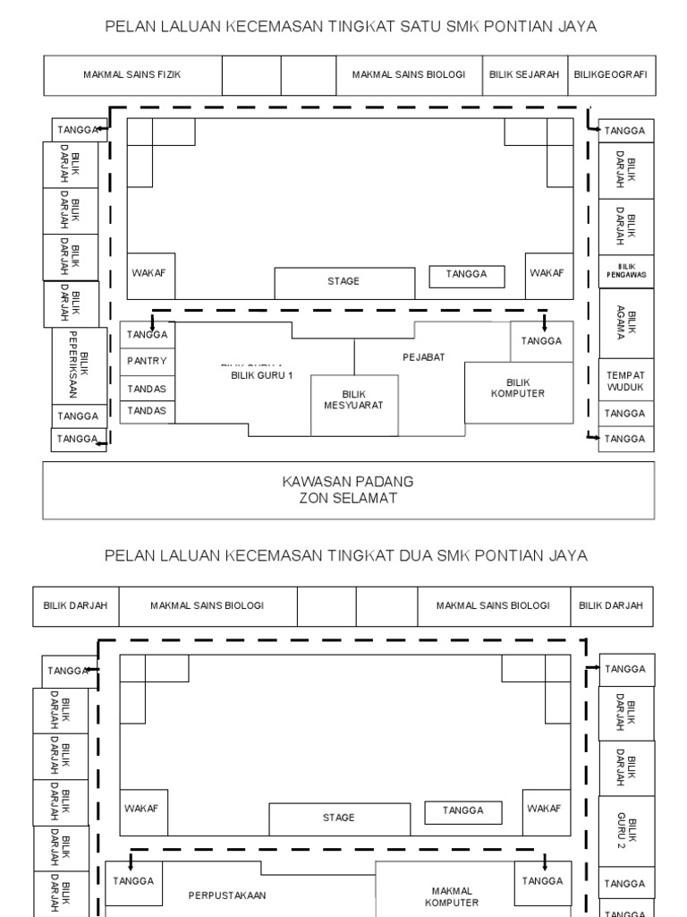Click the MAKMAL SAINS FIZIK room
[x=132, y=75]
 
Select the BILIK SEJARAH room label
[x=524, y=75]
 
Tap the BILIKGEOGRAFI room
[x=611, y=75]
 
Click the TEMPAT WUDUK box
[x=625, y=381]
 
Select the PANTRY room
[x=147, y=361]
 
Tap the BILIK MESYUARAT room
[x=354, y=399]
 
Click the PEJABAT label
[x=423, y=356]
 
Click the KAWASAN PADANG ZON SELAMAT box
[x=348, y=490]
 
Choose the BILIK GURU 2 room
[x=626, y=829]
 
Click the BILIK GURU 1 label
[x=262, y=375]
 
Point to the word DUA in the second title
[x=410, y=555]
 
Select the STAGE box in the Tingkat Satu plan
[x=343, y=281]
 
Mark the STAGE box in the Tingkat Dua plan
[x=339, y=818]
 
